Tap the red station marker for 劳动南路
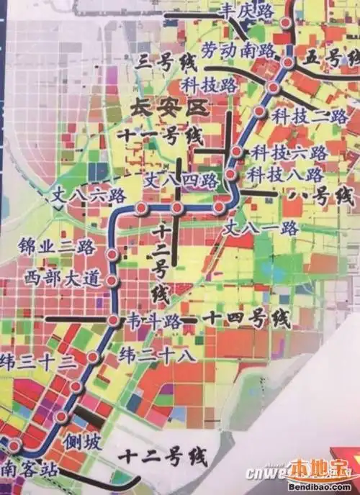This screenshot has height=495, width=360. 288,63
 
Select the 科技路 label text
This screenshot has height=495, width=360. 209,84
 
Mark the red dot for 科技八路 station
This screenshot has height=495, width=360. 230,174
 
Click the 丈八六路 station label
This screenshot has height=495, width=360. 88,195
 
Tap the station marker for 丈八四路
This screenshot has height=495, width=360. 176,208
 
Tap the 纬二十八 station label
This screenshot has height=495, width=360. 156,355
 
